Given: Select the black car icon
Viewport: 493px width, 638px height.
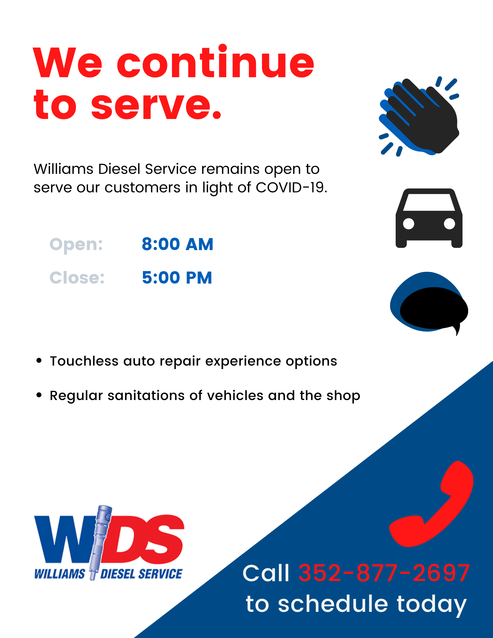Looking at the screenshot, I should click(x=429, y=218).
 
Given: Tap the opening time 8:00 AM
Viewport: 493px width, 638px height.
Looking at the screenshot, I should click(x=177, y=244).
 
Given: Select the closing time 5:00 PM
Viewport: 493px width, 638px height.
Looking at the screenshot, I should click(x=177, y=278).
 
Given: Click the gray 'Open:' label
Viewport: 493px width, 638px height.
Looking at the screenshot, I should click(x=76, y=245).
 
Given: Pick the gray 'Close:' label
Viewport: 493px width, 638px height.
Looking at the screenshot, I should click(x=77, y=278).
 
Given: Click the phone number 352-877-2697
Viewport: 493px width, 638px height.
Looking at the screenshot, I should click(x=384, y=573).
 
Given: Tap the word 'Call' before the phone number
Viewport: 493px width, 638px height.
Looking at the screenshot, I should click(x=265, y=573).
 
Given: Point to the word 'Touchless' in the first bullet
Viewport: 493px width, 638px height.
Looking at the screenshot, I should click(x=84, y=361).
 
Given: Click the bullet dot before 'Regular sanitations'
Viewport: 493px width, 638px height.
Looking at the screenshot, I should click(x=39, y=395).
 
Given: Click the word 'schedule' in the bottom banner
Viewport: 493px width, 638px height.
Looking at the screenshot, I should click(x=333, y=604).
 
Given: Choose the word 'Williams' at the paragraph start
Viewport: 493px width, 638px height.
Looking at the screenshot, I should click(x=64, y=169).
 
